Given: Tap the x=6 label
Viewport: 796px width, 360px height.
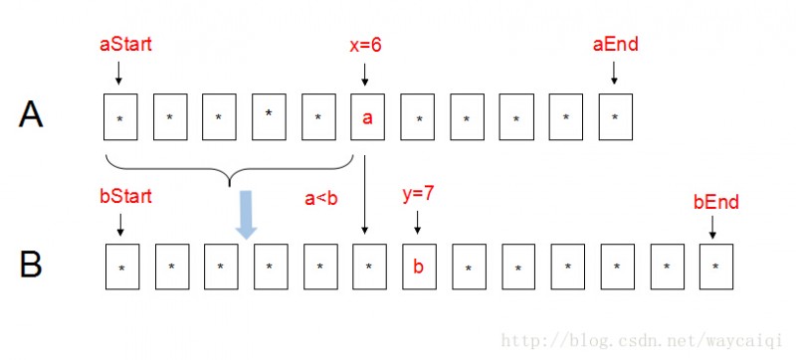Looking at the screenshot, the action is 366,45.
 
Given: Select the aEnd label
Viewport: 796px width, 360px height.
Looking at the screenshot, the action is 615,45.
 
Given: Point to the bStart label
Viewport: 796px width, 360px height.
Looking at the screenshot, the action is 125,197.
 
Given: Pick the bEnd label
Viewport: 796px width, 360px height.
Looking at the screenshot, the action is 715,202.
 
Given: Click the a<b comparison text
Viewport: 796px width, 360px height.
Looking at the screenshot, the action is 321,198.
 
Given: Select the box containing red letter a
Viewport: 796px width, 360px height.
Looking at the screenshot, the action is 367,117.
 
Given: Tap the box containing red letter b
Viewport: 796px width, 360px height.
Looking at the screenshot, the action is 418,266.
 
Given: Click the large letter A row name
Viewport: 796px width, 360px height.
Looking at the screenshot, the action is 31,116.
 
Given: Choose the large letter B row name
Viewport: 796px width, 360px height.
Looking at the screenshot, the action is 31,266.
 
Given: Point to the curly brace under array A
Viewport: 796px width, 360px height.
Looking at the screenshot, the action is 230,170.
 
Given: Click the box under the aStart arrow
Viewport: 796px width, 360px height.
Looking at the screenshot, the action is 120,117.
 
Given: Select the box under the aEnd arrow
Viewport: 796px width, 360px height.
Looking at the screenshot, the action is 615,117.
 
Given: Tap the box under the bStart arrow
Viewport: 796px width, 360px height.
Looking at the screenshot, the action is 121,266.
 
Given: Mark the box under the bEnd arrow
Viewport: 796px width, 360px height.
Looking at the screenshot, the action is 715,266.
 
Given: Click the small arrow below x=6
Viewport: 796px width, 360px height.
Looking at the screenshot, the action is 366,72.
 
